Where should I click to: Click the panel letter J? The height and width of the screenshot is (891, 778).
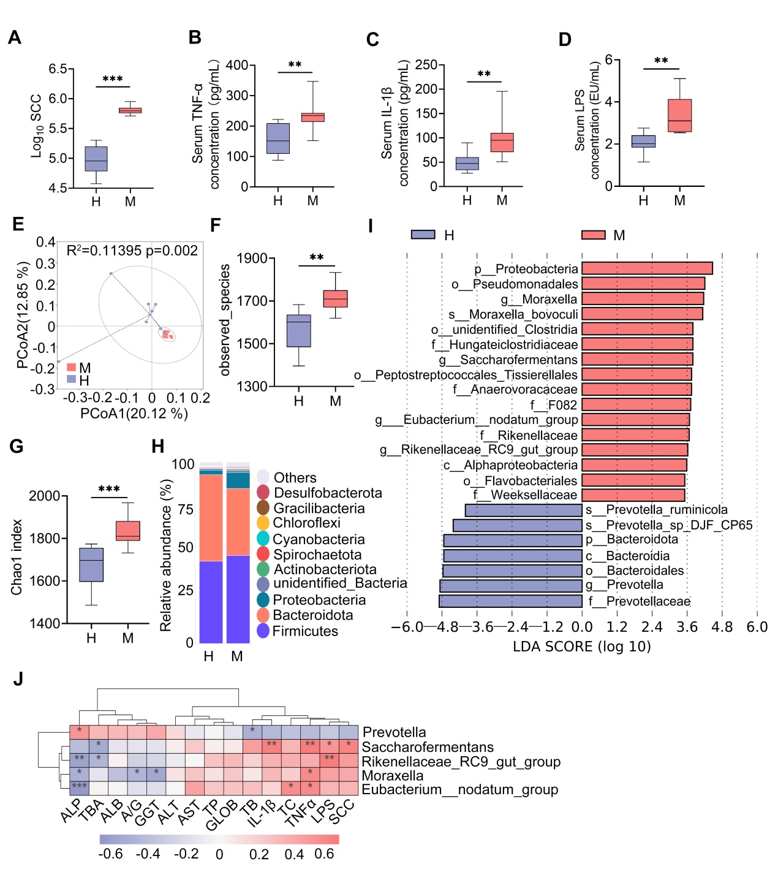[x=18, y=679]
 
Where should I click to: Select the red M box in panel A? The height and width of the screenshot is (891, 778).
[x=130, y=110]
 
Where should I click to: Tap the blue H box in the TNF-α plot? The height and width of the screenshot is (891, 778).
[x=278, y=138]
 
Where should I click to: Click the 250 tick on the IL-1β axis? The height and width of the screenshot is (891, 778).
[x=426, y=65]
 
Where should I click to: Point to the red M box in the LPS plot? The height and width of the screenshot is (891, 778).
[x=679, y=115]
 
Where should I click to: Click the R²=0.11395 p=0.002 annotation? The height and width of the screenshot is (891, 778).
[x=132, y=251]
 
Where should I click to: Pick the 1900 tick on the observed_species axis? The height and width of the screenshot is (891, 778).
[x=252, y=259]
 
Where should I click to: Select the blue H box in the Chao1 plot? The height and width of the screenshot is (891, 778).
[x=91, y=564]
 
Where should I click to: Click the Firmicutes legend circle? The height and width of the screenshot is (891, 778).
[x=263, y=631]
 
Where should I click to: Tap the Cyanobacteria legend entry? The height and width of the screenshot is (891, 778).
[x=319, y=539]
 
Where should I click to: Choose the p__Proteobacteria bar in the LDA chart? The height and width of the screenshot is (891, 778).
[x=647, y=268]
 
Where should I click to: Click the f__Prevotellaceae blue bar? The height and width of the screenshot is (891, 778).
[x=510, y=601]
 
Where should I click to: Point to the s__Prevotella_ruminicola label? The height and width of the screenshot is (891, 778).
[x=657, y=510]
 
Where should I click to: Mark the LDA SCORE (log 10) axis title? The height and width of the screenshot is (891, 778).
[x=581, y=646]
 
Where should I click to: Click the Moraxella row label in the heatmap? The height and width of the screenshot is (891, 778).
[x=392, y=776]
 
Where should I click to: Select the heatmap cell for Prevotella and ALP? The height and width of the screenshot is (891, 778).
[x=79, y=732]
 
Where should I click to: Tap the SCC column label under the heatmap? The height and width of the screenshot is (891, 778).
[x=341, y=813]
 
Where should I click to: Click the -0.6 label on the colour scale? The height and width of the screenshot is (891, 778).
[x=110, y=854]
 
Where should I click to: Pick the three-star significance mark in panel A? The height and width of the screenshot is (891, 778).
[x=113, y=79]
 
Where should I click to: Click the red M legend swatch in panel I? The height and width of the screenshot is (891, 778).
[x=593, y=235]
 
